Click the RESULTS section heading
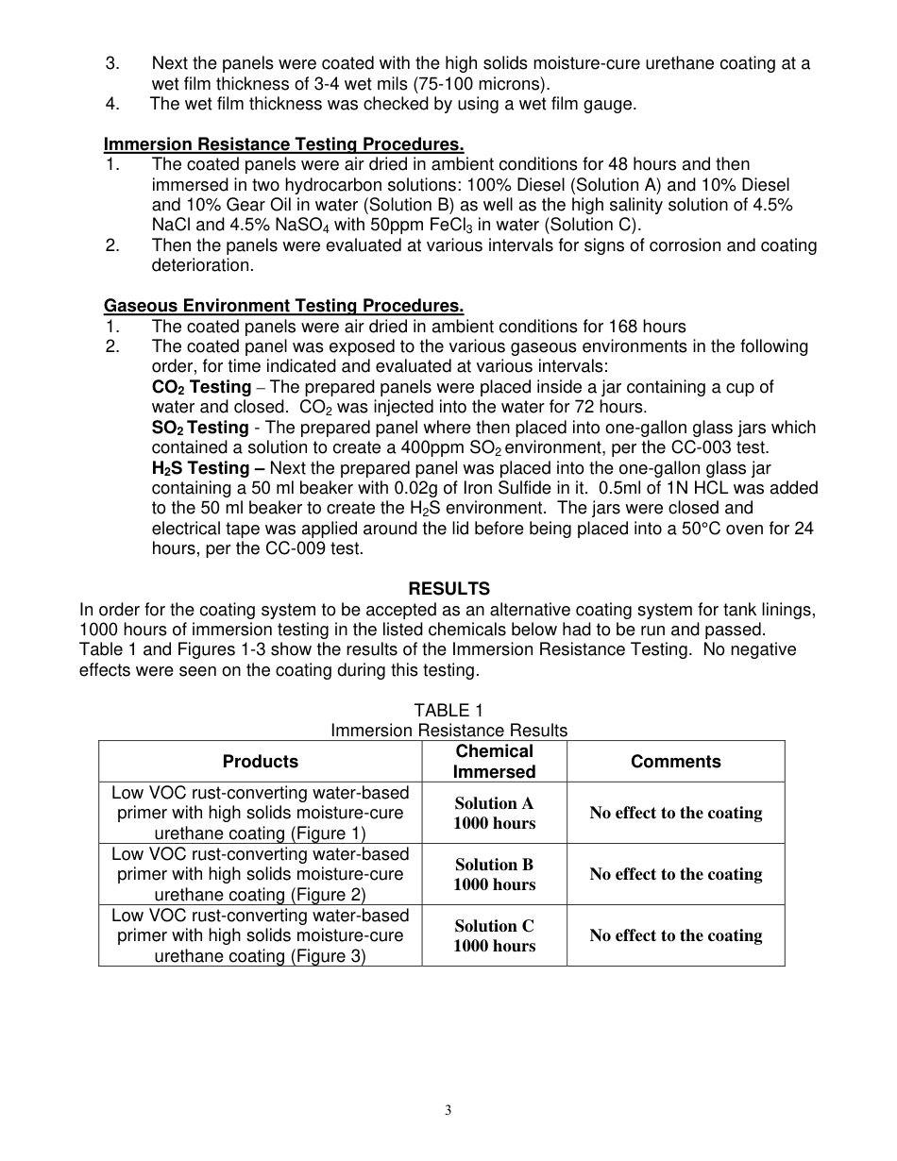pos(448,589)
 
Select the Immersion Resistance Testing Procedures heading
pos(283,144)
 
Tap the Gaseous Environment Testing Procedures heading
pos(283,306)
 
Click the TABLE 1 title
pos(448,711)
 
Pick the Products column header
pos(260,762)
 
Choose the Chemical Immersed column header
pos(494,762)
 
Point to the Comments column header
pos(675,762)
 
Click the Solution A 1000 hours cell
pos(494,813)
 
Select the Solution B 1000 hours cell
pos(494,874)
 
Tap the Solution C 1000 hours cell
pos(494,935)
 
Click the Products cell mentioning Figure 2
pos(260,874)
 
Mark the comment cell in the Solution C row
pos(675,935)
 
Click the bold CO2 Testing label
pos(201,387)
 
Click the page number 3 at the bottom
pos(448,1110)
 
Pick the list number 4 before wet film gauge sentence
pos(112,104)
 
